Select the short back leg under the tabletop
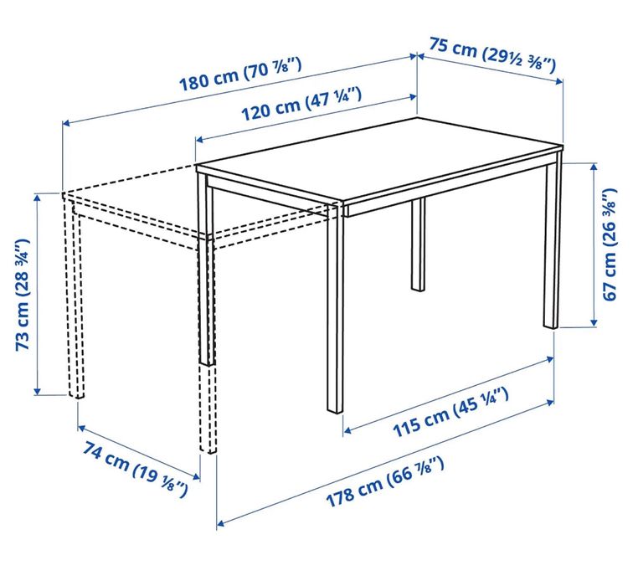pos(417,244)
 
